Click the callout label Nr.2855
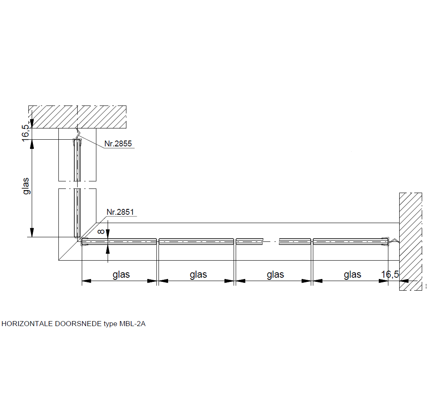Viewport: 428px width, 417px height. click(x=118, y=143)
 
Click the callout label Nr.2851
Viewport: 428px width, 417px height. click(x=120, y=212)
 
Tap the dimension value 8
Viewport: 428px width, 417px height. click(x=101, y=231)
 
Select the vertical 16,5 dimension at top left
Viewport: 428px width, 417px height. click(x=25, y=133)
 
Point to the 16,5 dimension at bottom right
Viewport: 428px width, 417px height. click(x=390, y=274)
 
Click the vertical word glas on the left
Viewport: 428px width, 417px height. click(x=26, y=186)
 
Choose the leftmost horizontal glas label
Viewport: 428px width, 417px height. click(x=121, y=274)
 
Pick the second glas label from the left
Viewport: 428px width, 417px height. click(x=199, y=274)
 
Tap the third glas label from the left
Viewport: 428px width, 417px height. click(x=275, y=274)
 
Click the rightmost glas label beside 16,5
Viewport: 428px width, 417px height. click(x=352, y=274)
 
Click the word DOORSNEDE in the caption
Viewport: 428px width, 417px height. click(x=78, y=324)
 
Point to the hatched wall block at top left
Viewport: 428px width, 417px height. click(x=77, y=117)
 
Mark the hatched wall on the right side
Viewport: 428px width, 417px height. click(x=410, y=241)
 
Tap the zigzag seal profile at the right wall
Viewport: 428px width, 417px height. click(x=394, y=241)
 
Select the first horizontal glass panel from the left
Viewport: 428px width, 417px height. click(x=119, y=241)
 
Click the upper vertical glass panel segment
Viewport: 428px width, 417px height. click(x=78, y=160)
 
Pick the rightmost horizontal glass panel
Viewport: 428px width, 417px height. click(x=350, y=241)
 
